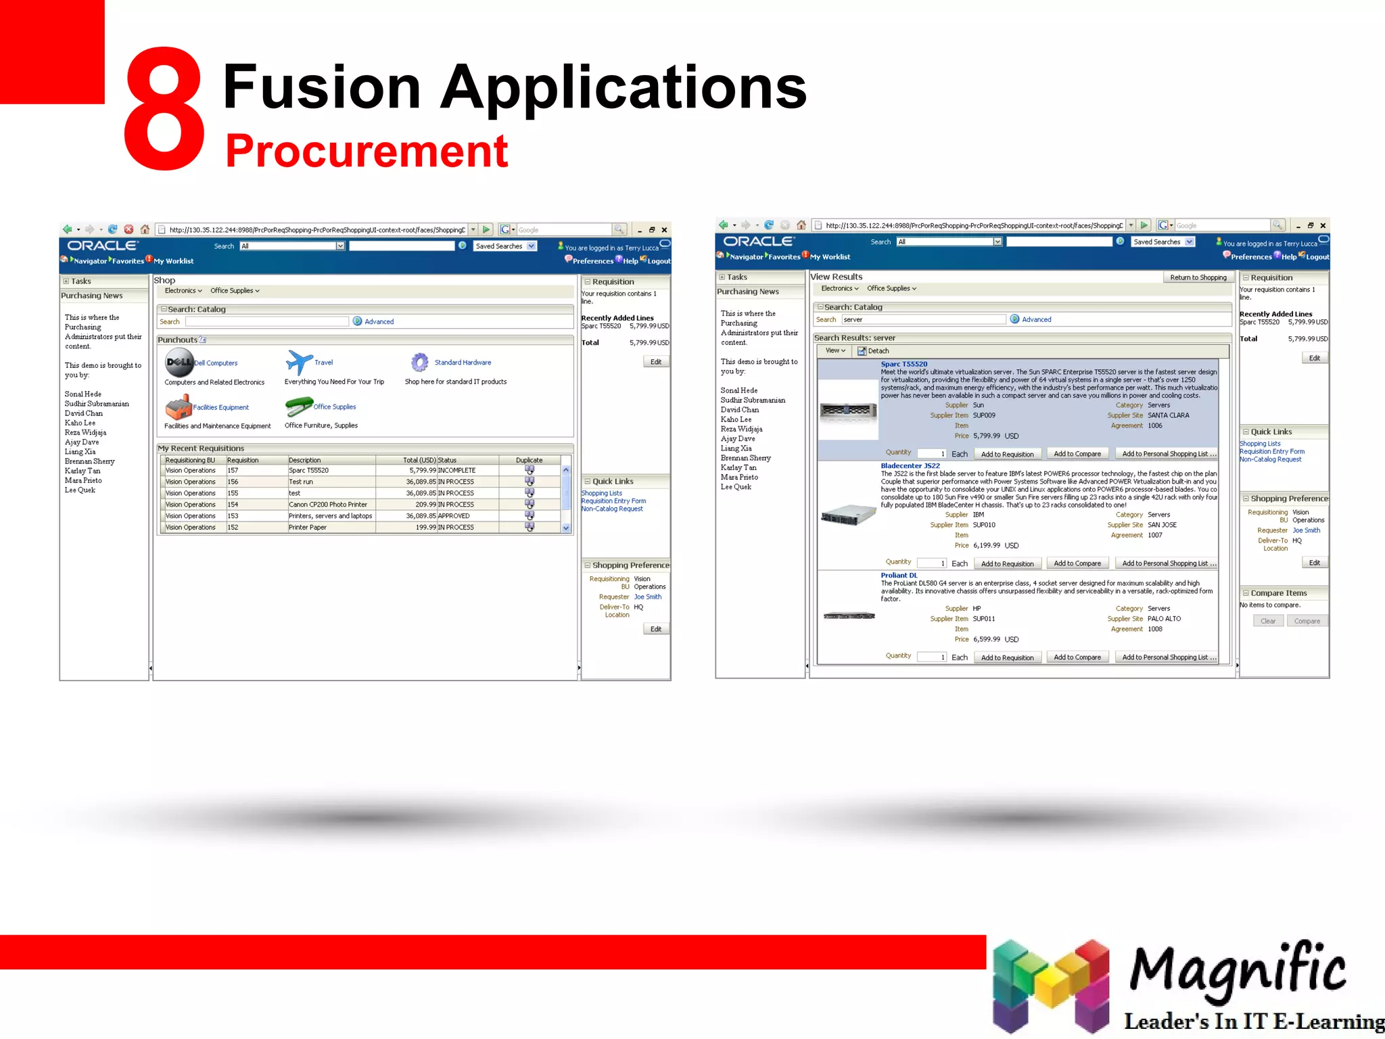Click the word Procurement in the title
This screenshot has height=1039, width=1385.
click(366, 151)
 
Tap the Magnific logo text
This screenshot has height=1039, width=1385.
click(1237, 969)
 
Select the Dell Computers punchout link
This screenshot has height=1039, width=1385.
click(216, 363)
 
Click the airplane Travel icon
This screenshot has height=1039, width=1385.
click(299, 363)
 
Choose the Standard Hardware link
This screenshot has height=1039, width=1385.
click(463, 363)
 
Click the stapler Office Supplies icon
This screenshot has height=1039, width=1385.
click(298, 407)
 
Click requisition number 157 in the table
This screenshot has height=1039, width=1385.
click(233, 470)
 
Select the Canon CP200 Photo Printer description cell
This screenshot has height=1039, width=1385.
click(328, 505)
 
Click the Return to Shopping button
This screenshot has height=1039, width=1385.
click(1198, 277)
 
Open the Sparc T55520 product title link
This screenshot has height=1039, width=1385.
click(903, 364)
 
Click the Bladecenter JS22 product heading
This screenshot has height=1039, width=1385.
click(910, 465)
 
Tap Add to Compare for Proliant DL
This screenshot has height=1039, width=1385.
click(1077, 657)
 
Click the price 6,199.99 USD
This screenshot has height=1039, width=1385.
click(995, 545)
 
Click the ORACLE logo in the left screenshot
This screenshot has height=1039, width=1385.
click(103, 246)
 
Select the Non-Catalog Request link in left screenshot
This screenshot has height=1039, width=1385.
click(612, 509)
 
